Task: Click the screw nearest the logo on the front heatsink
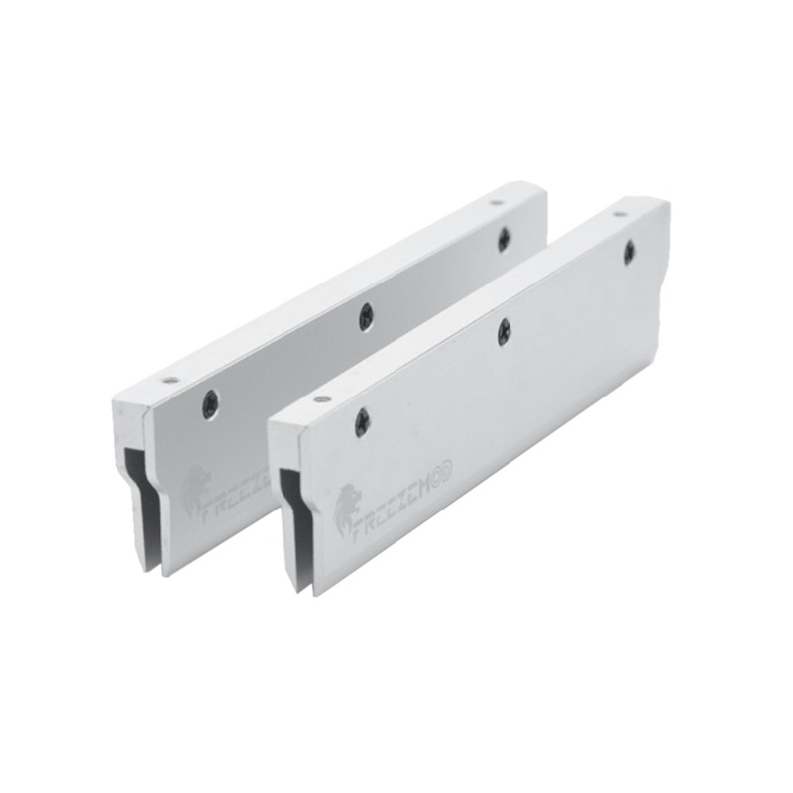click(361, 423)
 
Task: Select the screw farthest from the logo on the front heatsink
click(627, 252)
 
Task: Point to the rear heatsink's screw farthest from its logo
click(504, 237)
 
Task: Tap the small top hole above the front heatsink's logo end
click(320, 400)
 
